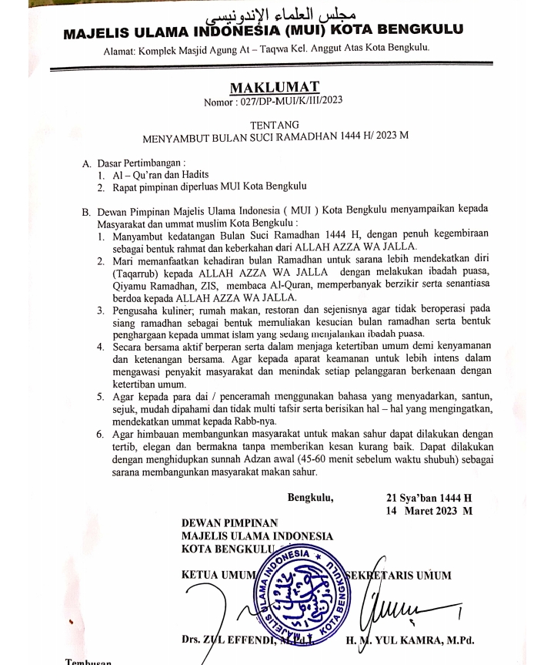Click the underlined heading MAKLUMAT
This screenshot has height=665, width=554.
tap(275, 87)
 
